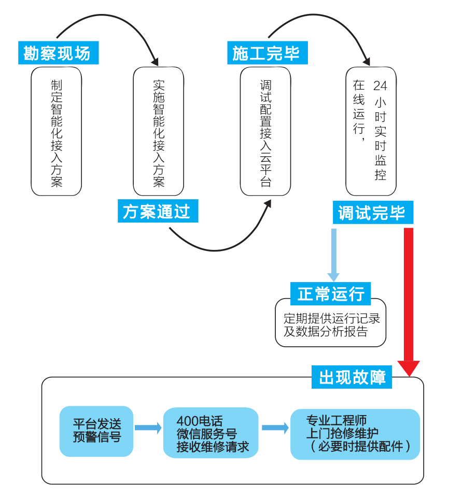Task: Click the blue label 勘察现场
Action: tap(58, 53)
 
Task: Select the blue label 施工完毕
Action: tap(266, 53)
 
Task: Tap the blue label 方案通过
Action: tap(158, 211)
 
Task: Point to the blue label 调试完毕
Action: tap(372, 213)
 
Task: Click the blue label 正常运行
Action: tap(331, 293)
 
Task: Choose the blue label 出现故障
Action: tap(352, 377)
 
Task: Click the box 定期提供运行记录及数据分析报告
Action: tap(331, 325)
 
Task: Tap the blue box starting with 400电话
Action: tap(211, 433)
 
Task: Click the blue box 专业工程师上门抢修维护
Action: tap(355, 434)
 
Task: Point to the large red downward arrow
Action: tap(409, 300)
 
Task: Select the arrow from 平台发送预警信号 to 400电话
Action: tap(148, 427)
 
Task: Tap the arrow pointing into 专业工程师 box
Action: tap(275, 427)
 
